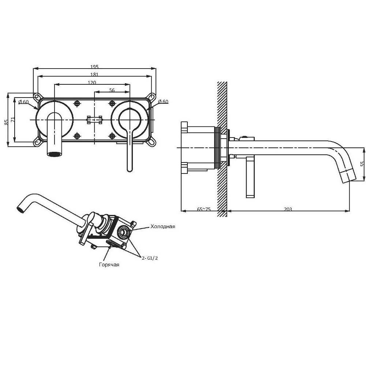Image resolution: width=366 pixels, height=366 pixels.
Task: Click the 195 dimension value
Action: point(94,67)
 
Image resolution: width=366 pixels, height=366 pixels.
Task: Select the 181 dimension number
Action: point(94,74)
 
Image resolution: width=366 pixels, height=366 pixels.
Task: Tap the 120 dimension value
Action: point(92,83)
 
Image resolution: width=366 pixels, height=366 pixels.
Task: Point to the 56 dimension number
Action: point(112,90)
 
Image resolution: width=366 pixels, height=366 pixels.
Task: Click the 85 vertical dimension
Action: point(6,122)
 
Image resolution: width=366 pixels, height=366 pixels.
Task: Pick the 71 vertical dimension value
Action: point(13,119)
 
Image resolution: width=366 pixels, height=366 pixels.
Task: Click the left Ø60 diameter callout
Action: point(23,102)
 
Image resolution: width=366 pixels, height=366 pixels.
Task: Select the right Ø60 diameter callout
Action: point(163,102)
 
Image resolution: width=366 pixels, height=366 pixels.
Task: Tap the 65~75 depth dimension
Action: point(204,209)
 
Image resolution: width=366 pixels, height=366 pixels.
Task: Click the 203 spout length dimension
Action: point(288,209)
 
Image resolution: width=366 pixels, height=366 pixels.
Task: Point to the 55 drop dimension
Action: point(362,164)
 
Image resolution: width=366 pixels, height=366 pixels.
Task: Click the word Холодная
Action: point(163,226)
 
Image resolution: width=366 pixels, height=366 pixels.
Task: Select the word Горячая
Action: point(109,264)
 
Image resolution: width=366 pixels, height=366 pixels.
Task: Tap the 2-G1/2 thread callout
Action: point(150,258)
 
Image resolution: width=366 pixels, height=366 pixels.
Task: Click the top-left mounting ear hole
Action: point(36,96)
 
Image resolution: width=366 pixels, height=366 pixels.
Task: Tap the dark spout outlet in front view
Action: point(55,154)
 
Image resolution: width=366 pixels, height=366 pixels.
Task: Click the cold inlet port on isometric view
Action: point(123,232)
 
